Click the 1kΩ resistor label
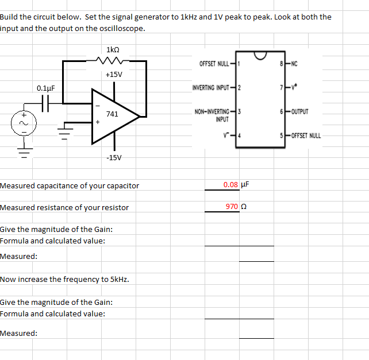[113, 50]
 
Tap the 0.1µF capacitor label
[45, 88]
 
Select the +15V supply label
[114, 74]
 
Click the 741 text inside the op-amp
[113, 114]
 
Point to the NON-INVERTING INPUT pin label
[214, 114]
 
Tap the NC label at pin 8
[295, 63]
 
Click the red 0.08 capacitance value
[231, 185]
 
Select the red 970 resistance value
[232, 207]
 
